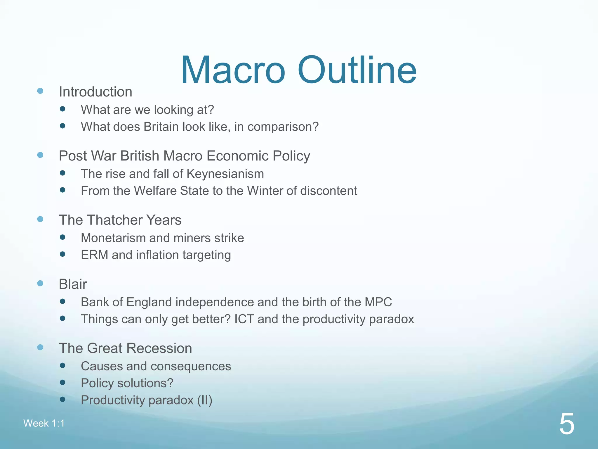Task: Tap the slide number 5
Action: (567, 424)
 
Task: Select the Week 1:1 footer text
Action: (44, 423)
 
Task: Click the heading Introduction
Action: (95, 92)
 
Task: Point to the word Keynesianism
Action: (225, 174)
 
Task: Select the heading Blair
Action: (73, 284)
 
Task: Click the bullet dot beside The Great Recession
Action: (40, 347)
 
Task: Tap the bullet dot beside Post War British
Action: (40, 155)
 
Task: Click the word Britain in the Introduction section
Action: (161, 127)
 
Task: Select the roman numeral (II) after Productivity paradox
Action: (204, 400)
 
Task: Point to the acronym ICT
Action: (244, 319)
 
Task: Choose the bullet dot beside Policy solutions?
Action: (62, 382)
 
